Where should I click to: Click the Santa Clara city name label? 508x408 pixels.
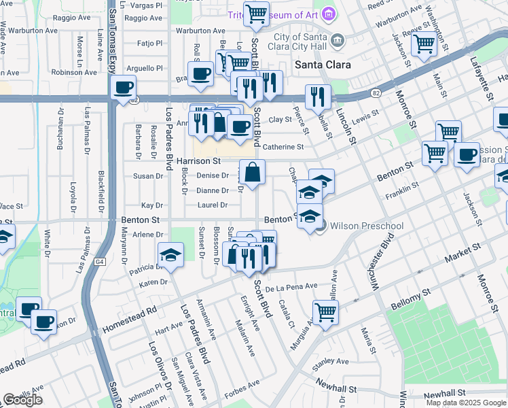click(x=323, y=65)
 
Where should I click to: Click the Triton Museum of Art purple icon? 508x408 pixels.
click(x=329, y=14)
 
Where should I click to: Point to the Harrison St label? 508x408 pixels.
click(x=198, y=161)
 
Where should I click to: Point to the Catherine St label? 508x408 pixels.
click(x=283, y=147)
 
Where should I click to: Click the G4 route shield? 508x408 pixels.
click(x=101, y=261)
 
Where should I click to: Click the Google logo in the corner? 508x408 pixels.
click(x=22, y=400)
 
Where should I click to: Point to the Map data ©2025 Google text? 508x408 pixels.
click(x=466, y=402)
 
